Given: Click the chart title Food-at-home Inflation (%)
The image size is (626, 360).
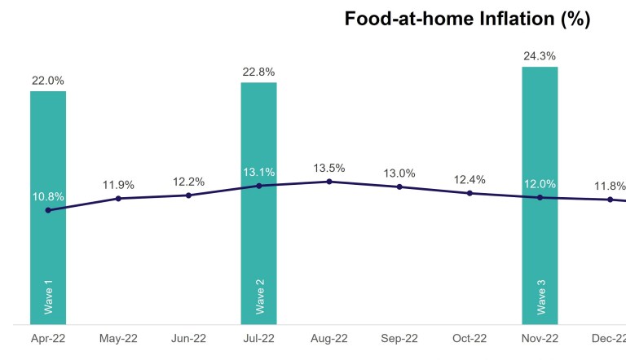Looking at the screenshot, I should point(467,20).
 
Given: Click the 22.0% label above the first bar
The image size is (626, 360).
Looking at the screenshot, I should point(48,81).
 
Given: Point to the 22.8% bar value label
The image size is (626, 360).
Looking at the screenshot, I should point(259,72).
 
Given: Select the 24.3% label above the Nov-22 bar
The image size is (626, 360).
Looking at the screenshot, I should point(540,56).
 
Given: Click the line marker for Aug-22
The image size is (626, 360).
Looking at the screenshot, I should point(329,182).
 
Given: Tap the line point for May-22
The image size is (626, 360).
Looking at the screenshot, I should point(119,198).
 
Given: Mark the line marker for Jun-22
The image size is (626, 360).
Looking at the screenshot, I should point(189,195).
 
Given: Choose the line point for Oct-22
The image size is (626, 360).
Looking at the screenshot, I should point(469,193).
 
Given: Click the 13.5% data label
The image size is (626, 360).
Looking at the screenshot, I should point(329,168).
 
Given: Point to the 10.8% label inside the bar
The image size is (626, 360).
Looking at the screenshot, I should point(48,196).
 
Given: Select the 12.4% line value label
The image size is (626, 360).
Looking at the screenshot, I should point(469,179).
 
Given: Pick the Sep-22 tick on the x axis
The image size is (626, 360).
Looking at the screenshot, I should point(399,337).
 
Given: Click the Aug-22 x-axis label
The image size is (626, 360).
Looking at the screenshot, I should point(329,337).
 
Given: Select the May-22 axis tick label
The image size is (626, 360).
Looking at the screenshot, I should point(119,337).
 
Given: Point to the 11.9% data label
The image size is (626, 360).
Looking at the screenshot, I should point(119,185).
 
